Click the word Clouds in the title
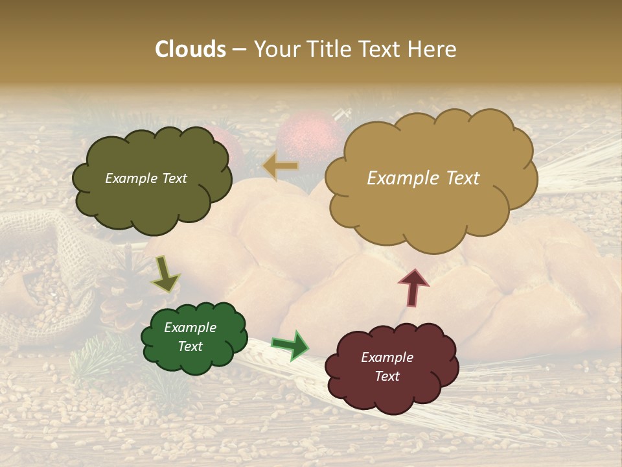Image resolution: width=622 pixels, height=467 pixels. pyautogui.click(x=190, y=49)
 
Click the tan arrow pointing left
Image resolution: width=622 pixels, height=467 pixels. pyautogui.click(x=281, y=166)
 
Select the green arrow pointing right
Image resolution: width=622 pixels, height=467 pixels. pyautogui.click(x=290, y=345)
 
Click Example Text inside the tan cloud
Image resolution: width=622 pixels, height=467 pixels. pyautogui.click(x=423, y=178)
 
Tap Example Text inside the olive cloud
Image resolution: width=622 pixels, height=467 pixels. pyautogui.click(x=146, y=178)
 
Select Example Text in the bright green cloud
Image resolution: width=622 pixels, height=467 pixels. pyautogui.click(x=190, y=337)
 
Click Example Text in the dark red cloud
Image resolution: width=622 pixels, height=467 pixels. pyautogui.click(x=387, y=366)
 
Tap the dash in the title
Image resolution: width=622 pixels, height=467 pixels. pyautogui.click(x=239, y=50)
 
